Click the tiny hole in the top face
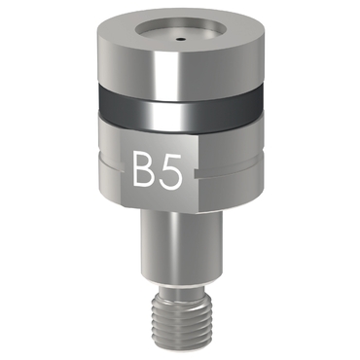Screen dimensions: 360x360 point(180,40)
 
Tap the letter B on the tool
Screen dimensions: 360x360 point(144,170)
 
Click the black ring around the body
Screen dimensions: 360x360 point(180,110)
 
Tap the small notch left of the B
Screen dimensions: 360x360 point(123,167)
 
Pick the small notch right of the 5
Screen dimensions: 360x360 point(197,173)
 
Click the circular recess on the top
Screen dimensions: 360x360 point(179,33)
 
